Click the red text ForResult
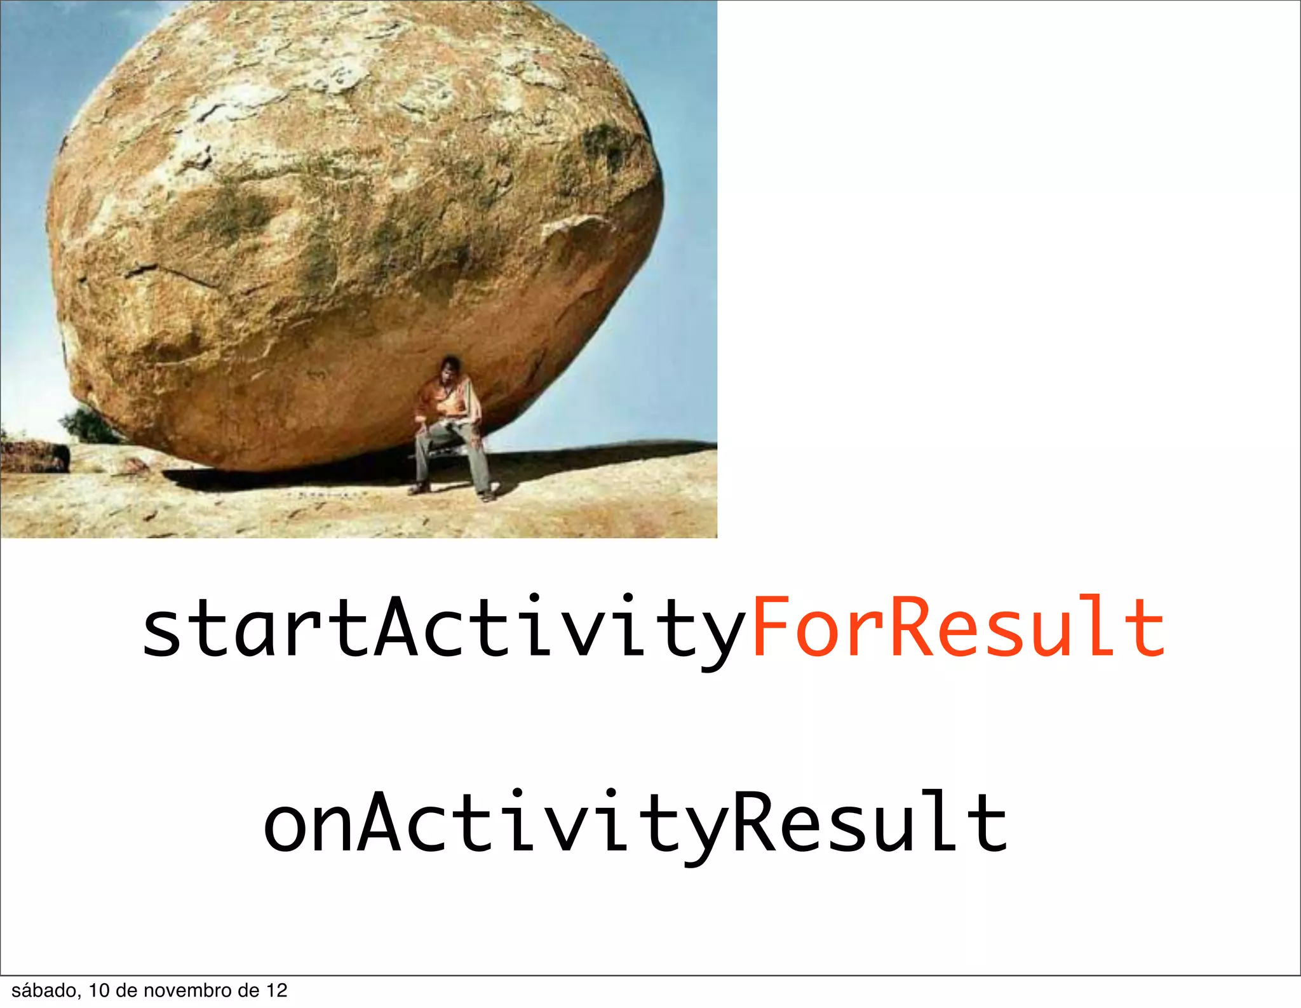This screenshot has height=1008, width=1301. pyautogui.click(x=958, y=627)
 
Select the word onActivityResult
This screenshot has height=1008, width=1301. pyautogui.click(x=635, y=823)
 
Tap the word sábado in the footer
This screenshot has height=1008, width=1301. pyautogui.click(x=44, y=991)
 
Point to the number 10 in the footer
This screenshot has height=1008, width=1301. pyautogui.click(x=99, y=991)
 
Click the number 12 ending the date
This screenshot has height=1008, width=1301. pyautogui.click(x=277, y=991)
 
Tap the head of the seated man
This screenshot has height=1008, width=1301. pyautogui.click(x=450, y=368)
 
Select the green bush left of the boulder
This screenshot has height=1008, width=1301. pyautogui.click(x=89, y=424)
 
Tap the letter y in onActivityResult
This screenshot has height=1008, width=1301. pyautogui.click(x=704, y=832)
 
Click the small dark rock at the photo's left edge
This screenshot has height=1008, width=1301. pyautogui.click(x=35, y=456)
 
